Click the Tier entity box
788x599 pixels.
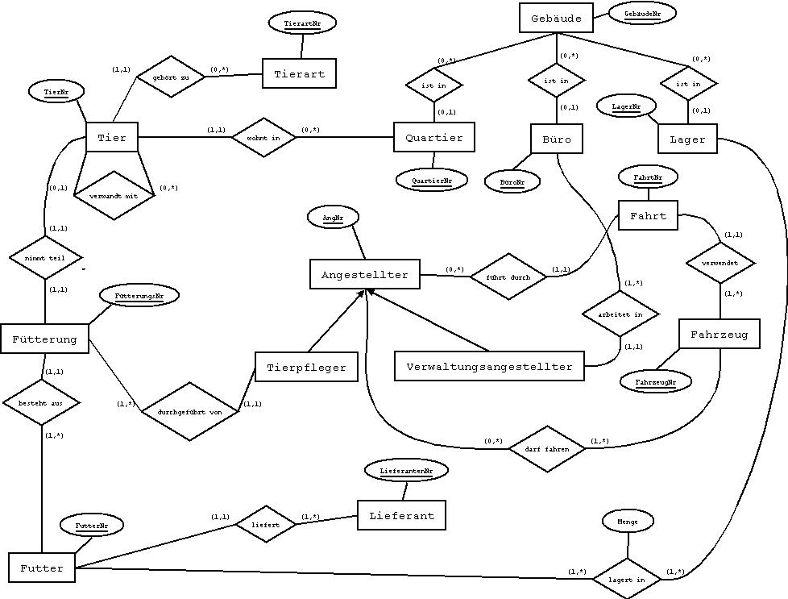coord(111,138)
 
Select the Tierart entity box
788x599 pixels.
coord(299,74)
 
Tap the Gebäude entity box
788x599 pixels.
coord(556,18)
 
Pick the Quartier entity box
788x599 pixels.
coord(433,138)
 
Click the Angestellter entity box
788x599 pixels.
coord(364,275)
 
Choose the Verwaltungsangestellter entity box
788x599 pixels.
coord(489,367)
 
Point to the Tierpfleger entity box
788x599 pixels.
coord(305,368)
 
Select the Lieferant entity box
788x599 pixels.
coord(401,515)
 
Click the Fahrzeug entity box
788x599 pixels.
coord(719,334)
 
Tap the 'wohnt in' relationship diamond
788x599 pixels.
coord(263,138)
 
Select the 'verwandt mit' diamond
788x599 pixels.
coord(114,195)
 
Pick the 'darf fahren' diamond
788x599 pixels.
coord(547,448)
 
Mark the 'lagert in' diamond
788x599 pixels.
coord(625,579)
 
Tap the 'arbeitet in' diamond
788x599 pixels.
coord(620,314)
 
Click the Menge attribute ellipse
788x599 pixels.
coord(627,522)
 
